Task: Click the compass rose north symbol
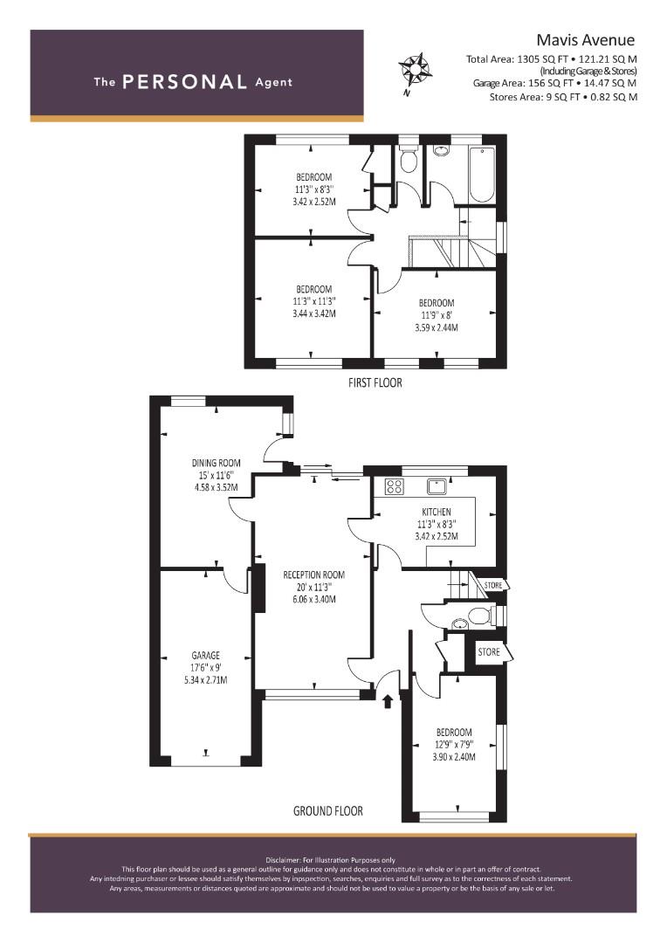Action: click(415, 68)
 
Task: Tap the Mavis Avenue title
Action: click(585, 40)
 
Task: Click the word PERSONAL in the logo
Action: click(184, 82)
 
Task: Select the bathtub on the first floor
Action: click(482, 174)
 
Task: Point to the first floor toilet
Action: click(409, 158)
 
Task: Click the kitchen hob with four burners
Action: click(394, 486)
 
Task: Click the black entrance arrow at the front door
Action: click(388, 700)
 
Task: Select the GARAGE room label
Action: click(206, 656)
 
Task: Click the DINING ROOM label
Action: click(216, 463)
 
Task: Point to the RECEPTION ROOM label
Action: click(314, 575)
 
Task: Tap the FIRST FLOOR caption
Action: click(375, 382)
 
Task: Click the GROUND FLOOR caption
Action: click(327, 811)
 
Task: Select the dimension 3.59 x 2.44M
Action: click(437, 327)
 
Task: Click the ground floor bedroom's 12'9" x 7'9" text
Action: click(454, 745)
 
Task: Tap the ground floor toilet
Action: click(484, 616)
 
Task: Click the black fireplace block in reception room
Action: click(259, 588)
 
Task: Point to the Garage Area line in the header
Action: click(554, 84)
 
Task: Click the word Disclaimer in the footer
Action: click(285, 860)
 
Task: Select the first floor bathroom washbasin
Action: click(441, 150)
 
